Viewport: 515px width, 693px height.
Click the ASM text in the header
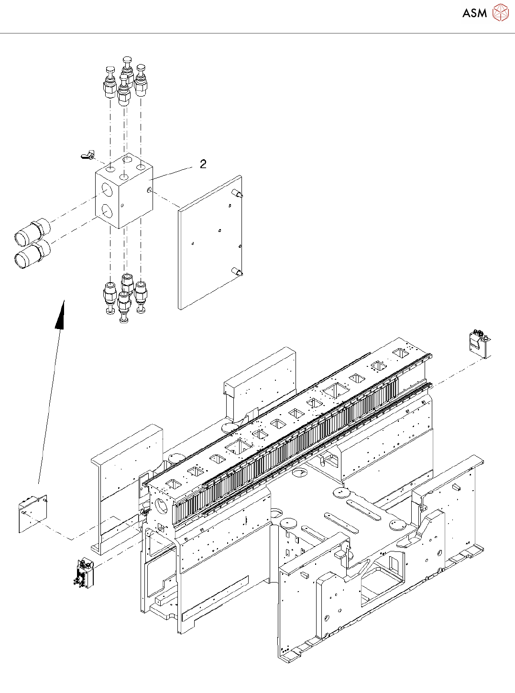pos(474,13)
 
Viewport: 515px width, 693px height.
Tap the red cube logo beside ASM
pos(500,12)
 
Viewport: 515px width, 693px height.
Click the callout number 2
pos(203,164)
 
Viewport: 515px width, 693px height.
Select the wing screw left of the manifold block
pos(87,155)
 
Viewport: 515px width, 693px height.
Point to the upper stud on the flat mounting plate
pos(237,194)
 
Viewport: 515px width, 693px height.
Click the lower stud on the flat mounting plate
pos(237,273)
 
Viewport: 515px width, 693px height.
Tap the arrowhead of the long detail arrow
pos(60,316)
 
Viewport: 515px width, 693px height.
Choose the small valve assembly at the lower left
pos(84,572)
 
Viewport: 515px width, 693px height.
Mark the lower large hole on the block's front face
pos(106,210)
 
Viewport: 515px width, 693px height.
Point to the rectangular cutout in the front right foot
pos(379,581)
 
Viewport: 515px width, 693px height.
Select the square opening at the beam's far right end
pos(400,352)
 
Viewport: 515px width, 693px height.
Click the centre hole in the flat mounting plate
pos(219,231)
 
